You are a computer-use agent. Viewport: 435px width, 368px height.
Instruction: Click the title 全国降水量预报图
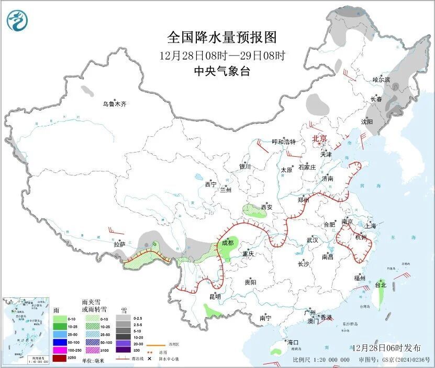coord(222,38)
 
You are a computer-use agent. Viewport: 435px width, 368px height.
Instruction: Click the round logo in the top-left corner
coord(17,21)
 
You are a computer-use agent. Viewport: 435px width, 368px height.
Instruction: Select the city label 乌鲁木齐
coord(114,104)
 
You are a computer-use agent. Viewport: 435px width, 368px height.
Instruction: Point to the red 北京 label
coord(319,138)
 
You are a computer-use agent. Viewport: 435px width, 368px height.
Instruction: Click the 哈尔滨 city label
coord(381,80)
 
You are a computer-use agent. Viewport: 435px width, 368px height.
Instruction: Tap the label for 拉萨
coord(119,244)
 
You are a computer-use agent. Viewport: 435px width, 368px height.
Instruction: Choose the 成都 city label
coord(227,243)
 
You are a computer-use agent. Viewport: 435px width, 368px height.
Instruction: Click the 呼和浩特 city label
coord(284,142)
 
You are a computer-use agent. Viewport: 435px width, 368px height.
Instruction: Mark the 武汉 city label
coord(313,240)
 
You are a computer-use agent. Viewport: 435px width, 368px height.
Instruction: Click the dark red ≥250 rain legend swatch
coord(59,359)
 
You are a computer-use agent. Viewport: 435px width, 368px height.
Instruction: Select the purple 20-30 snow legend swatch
coord(123,342)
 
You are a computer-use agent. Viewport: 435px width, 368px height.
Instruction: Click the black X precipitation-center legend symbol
coord(149,359)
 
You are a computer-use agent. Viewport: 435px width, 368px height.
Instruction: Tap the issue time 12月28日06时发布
coord(386,348)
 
